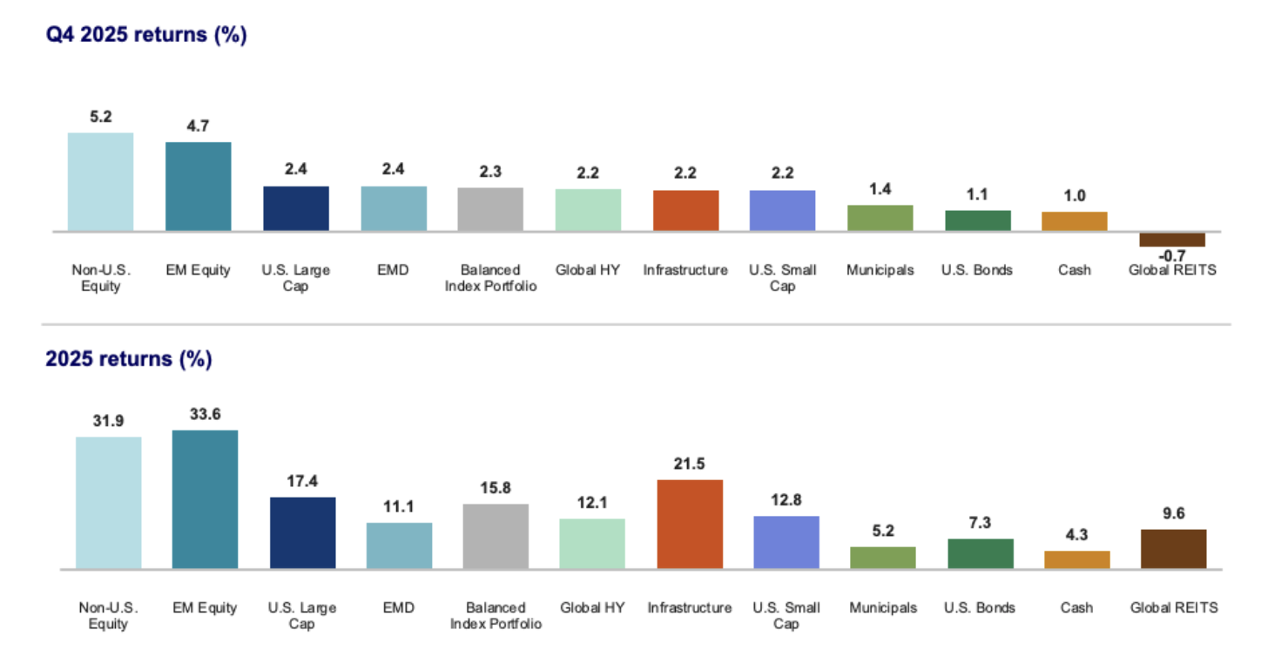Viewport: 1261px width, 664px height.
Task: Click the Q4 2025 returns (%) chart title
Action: pos(146,37)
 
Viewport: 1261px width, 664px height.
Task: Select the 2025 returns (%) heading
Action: pos(129,359)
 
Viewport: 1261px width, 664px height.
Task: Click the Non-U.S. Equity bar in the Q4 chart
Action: pos(100,182)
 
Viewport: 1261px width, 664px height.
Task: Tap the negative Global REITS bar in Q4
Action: pos(1172,240)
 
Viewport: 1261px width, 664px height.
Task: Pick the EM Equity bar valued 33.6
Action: pos(205,499)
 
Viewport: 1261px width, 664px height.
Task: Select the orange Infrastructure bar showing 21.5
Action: pos(690,524)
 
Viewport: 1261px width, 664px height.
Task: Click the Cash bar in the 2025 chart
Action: pos(1077,559)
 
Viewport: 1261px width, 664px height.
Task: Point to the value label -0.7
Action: pos(1172,255)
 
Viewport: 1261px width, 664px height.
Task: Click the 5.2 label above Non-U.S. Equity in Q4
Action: pos(100,117)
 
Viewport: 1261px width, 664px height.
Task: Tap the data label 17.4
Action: pos(302,480)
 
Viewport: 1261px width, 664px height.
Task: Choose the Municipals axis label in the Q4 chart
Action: pos(880,270)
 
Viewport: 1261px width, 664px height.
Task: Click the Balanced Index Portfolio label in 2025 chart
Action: pos(496,615)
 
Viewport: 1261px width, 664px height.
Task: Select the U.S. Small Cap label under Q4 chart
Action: pos(782,278)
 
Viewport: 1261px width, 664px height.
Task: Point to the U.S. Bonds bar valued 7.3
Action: pos(981,553)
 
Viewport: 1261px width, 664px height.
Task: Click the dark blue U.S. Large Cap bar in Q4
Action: pos(296,208)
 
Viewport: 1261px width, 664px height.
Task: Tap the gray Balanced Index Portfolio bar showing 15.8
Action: pos(496,536)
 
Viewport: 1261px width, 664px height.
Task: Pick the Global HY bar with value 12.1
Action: pos(592,544)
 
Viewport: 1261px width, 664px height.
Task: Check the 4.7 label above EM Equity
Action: pos(198,126)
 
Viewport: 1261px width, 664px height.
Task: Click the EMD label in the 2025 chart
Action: pos(399,607)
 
